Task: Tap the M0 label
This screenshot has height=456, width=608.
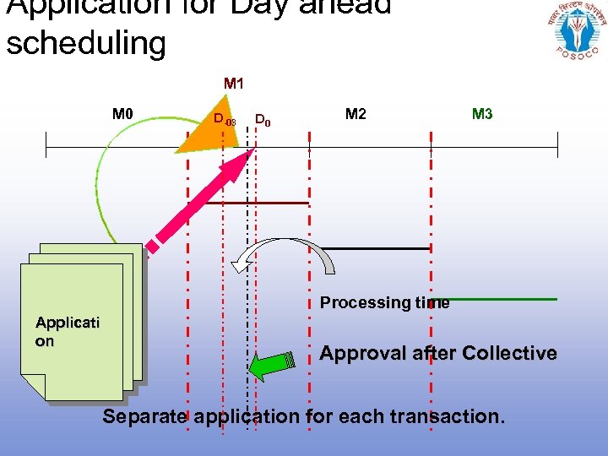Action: pos(124,113)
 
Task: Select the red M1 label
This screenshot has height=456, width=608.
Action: pos(234,84)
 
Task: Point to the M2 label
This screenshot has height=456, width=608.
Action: pos(356,114)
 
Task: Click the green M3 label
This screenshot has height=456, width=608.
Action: pos(482,114)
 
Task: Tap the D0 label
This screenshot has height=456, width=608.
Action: pos(263,120)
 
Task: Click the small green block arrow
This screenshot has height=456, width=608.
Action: pos(272,364)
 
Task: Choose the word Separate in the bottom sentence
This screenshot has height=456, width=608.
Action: pos(144,416)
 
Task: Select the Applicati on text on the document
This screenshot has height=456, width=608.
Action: pos(68,331)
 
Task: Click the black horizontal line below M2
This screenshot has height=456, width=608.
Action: pos(377,248)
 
